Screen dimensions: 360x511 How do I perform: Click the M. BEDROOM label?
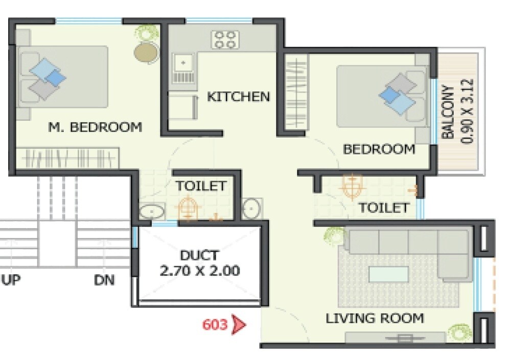coord(95,127)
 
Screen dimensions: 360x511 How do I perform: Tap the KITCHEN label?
coord(238,97)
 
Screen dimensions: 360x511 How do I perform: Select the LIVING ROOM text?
coord(375,319)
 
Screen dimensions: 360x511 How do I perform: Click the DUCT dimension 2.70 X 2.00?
coord(200,271)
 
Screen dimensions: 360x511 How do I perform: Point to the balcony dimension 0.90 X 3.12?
coord(467,112)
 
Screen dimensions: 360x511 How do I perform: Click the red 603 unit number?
coord(215,325)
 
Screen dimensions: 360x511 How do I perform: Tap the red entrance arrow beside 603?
coord(238,325)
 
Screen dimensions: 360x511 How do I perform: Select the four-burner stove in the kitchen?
coord(226,40)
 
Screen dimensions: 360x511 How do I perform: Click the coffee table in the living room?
coord(388,274)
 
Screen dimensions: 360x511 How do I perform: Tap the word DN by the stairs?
coord(104,280)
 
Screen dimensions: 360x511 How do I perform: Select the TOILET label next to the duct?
coord(201,186)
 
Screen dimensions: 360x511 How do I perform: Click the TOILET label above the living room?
coord(384,208)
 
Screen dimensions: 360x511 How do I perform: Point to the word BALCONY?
coord(448,112)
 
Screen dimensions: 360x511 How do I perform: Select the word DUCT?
coord(199,255)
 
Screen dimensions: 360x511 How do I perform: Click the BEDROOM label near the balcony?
coord(379,150)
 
